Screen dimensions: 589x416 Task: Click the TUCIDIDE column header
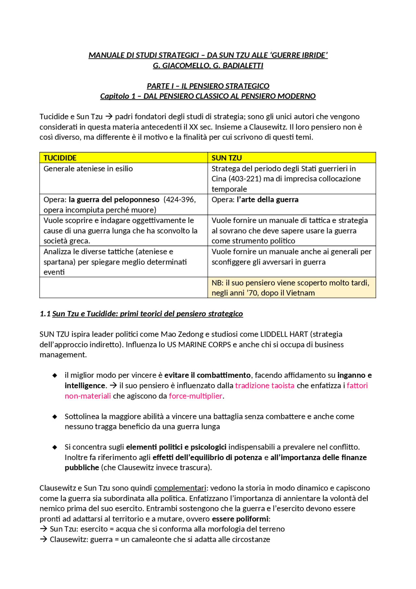60,158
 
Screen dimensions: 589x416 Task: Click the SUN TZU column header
227,158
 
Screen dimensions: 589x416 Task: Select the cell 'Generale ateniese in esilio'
88,168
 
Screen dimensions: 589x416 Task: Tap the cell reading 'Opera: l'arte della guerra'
255,199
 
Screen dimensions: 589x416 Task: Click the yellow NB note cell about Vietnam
291,288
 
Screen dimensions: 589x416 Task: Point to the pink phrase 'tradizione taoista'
265,385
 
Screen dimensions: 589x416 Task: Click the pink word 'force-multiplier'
196,396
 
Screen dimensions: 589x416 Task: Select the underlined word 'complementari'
180,488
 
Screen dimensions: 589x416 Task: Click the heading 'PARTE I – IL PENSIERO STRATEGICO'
208,86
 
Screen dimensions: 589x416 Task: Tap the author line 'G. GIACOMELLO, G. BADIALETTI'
208,65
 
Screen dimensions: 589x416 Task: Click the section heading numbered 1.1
141,314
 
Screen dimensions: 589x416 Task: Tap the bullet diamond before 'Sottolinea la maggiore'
55,417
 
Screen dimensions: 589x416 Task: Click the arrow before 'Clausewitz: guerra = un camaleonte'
44,539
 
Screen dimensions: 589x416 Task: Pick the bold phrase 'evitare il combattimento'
207,375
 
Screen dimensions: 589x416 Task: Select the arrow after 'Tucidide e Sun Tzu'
109,116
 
